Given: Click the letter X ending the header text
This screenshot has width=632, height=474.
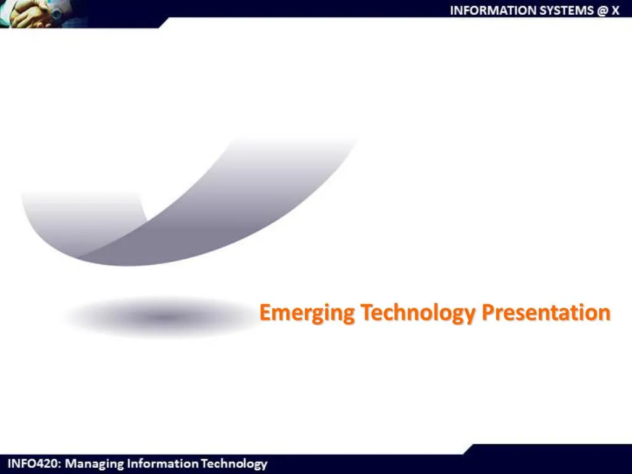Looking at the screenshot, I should pyautogui.click(x=615, y=10).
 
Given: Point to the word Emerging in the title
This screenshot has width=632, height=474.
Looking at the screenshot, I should pyautogui.click(x=307, y=314).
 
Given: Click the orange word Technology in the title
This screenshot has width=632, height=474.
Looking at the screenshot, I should pyautogui.click(x=418, y=314).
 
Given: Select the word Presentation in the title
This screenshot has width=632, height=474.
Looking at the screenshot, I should pyautogui.click(x=546, y=313).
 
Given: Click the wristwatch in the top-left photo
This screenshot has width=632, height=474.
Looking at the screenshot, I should pyautogui.click(x=56, y=12).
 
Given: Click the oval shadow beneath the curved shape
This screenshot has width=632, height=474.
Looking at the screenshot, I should pyautogui.click(x=162, y=318).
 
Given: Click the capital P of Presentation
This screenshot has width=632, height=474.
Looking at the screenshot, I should pyautogui.click(x=487, y=313).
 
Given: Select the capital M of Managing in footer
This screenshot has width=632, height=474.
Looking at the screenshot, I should pyautogui.click(x=72, y=464).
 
